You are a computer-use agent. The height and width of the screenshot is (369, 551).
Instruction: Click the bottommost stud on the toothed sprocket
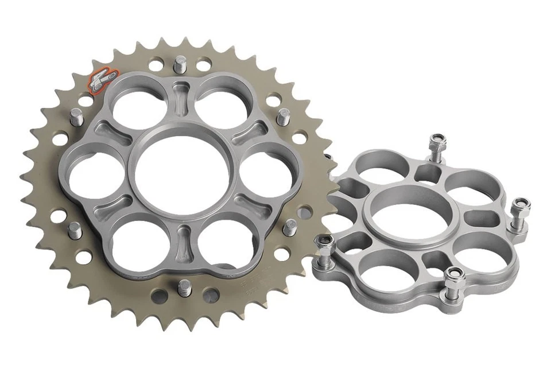point(184,287)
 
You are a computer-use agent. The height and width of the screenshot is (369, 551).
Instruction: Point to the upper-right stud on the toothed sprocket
point(282,117)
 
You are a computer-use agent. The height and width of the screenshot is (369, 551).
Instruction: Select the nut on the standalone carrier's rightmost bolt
point(521,204)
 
